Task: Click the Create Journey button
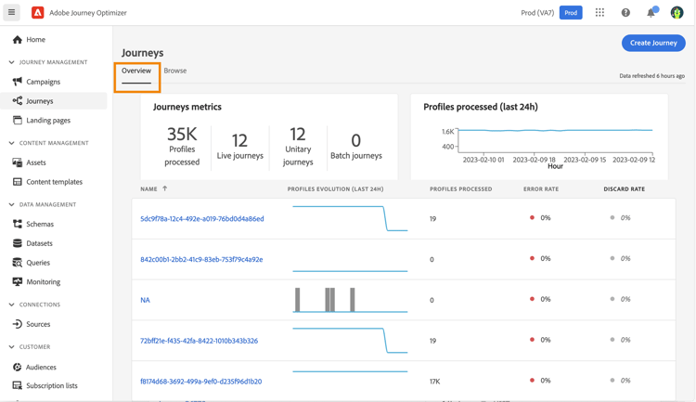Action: point(653,43)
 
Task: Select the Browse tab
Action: point(175,71)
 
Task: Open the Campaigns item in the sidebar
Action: point(43,82)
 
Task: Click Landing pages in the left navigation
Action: point(48,120)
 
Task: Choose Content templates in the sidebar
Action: point(54,182)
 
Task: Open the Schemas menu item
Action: point(40,224)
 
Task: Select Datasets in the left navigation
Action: point(40,243)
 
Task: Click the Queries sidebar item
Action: point(38,263)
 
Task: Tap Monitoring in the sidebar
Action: point(43,281)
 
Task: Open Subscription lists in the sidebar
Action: point(52,385)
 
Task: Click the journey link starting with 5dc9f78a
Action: point(202,219)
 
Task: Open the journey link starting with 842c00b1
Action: point(201,260)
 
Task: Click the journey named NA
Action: point(145,300)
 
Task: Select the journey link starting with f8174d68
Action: point(200,382)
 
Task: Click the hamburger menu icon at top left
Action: point(12,13)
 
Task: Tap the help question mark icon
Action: point(625,13)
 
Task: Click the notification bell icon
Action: point(651,13)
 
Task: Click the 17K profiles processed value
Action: point(434,382)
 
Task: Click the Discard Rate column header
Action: point(624,189)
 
